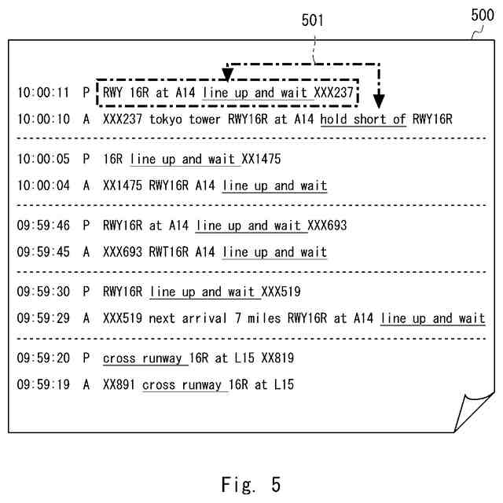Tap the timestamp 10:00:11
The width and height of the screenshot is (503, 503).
click(x=43, y=93)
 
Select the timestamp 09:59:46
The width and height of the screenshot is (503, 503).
click(x=43, y=226)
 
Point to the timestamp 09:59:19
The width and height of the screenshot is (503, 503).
click(x=43, y=384)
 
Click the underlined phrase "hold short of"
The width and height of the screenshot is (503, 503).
click(x=363, y=119)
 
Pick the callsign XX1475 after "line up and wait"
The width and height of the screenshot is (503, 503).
click(x=261, y=160)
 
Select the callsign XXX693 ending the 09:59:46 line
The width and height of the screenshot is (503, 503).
click(x=327, y=226)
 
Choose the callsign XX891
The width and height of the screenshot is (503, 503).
click(x=120, y=384)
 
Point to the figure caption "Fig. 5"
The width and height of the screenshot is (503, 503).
click(x=251, y=483)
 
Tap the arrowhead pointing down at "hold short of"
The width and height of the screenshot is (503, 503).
click(x=380, y=101)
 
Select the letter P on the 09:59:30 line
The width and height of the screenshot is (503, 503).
click(x=86, y=292)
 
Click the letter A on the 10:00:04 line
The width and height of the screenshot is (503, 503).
click(x=86, y=185)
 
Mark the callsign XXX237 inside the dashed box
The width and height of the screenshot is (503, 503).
click(x=335, y=93)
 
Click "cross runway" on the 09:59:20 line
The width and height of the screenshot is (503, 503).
click(x=145, y=358)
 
